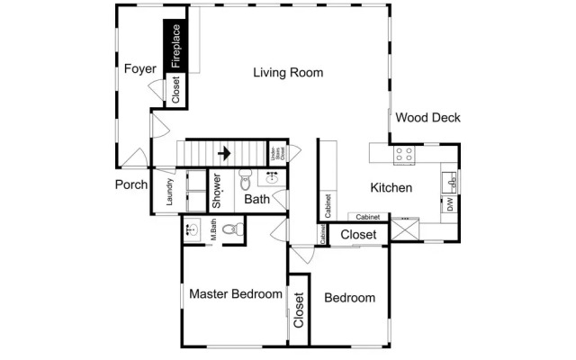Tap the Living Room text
coord(287,73)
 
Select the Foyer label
coord(140,68)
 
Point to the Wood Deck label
coord(427,117)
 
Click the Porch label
coord(131,185)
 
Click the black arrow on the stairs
coord(224,153)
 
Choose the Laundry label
coord(169,196)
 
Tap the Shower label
coord(217,192)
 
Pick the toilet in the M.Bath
coord(230,229)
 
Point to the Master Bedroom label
coord(236,293)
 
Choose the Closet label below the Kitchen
coord(358,235)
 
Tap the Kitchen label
coord(391,188)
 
